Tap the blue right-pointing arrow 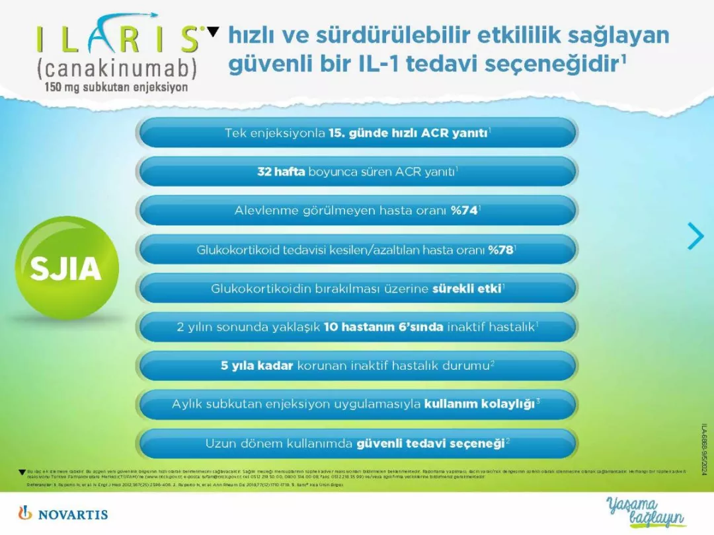click(695, 236)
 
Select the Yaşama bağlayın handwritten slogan click(645, 512)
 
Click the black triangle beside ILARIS click(212, 31)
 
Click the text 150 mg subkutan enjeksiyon click(116, 87)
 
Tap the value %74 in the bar click(464, 211)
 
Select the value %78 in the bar click(500, 250)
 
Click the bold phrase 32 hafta click(281, 172)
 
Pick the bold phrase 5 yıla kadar click(257, 365)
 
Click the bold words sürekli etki click(466, 289)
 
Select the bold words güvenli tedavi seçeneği click(430, 443)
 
